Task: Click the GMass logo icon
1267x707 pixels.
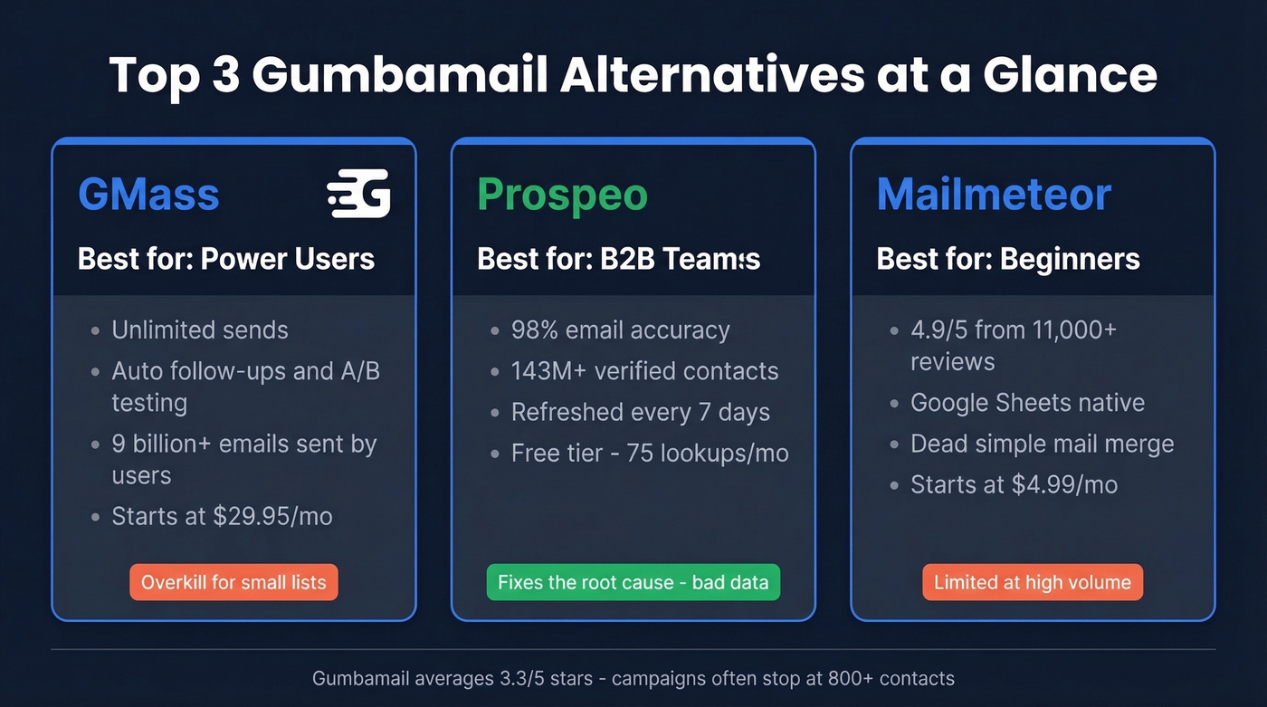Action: tap(358, 193)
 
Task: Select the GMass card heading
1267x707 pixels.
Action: tap(148, 194)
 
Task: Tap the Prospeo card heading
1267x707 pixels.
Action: tap(562, 194)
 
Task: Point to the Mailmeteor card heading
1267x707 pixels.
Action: tap(994, 194)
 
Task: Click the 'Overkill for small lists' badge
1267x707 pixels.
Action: tap(233, 582)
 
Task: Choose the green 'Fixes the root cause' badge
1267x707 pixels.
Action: tap(633, 582)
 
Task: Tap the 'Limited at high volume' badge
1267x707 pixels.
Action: tap(1033, 582)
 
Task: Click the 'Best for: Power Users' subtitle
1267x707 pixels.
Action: tap(226, 259)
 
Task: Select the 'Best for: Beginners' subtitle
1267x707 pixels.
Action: tap(1008, 259)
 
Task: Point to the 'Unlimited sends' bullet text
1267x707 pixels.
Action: tap(200, 330)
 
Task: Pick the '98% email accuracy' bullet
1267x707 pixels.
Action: tap(620, 330)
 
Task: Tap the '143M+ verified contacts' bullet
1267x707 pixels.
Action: tap(644, 371)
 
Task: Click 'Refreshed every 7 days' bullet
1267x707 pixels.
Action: tap(640, 412)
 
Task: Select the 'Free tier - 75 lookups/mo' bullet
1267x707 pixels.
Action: tap(650, 453)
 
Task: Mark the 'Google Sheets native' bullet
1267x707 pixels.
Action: tap(1027, 402)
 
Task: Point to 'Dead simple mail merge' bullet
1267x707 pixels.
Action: tap(1042, 444)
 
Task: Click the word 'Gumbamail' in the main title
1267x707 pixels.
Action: tap(400, 74)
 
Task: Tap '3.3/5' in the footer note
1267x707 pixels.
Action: tap(482, 678)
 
